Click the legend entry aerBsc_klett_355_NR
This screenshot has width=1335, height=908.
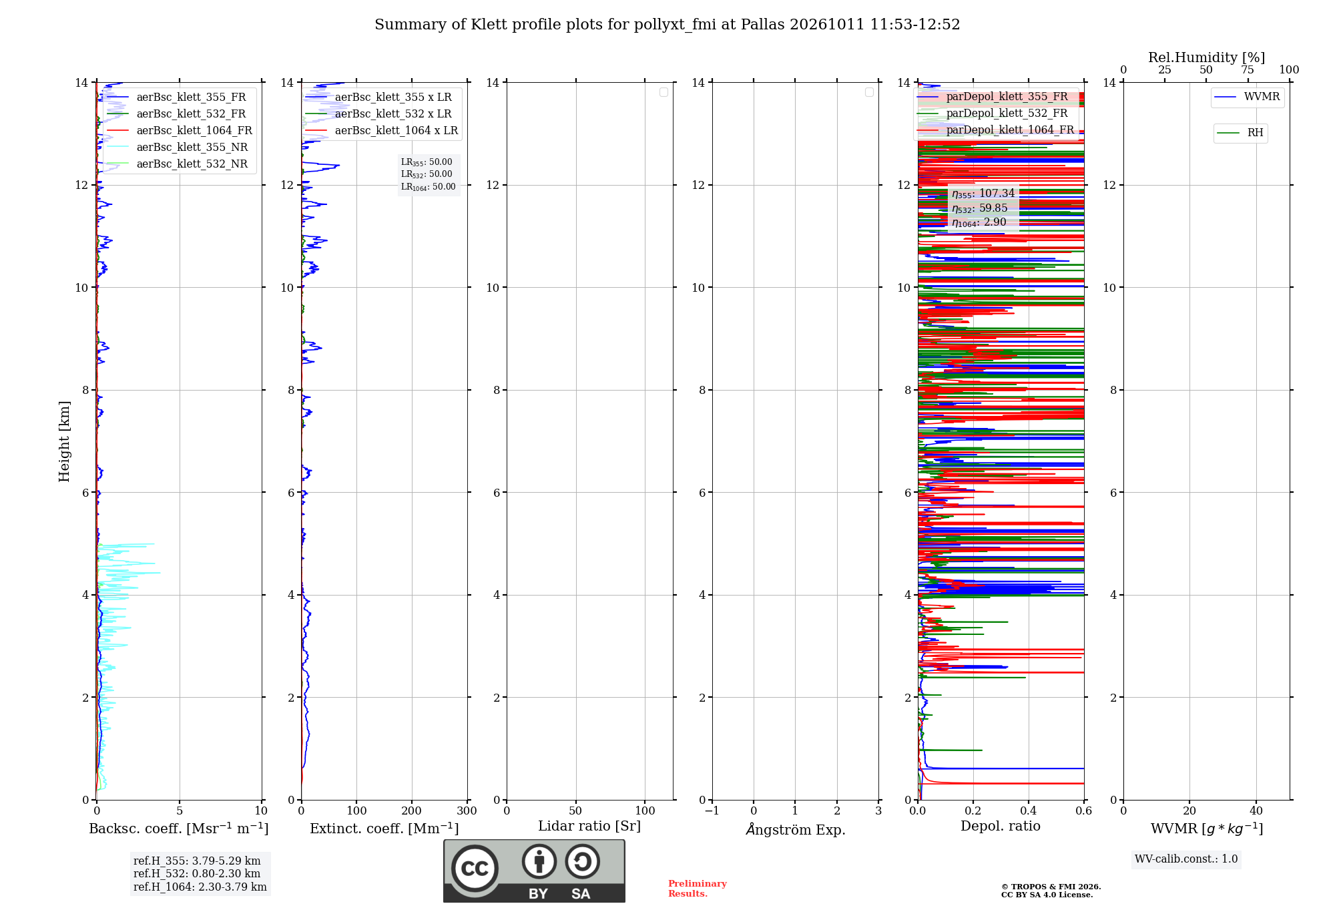pos(178,147)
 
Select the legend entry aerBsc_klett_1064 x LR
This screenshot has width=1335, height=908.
pos(382,130)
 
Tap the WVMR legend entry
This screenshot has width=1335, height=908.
pos(1247,97)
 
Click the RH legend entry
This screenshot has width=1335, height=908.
pos(1240,133)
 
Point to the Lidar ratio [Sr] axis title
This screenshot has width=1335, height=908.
pos(589,826)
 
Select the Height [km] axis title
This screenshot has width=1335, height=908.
pos(64,441)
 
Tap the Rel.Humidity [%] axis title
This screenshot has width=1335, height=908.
pos(1207,57)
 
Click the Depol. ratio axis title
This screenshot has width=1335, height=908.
pos(1001,826)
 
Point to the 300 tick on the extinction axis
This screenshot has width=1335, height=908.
pos(467,811)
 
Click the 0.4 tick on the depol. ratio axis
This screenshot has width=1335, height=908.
pos(1029,811)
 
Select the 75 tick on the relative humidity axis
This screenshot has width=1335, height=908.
pos(1248,69)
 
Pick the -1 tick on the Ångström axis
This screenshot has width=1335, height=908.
pos(712,811)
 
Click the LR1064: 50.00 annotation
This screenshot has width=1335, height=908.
pos(429,187)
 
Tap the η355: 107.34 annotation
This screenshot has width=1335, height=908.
pos(983,194)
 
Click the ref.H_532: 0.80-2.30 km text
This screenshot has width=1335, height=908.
pos(197,873)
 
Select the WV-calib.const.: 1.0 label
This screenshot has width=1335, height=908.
pos(1186,859)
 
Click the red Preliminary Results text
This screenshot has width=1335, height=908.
pos(698,889)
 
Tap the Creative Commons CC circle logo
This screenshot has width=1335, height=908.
pos(475,869)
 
